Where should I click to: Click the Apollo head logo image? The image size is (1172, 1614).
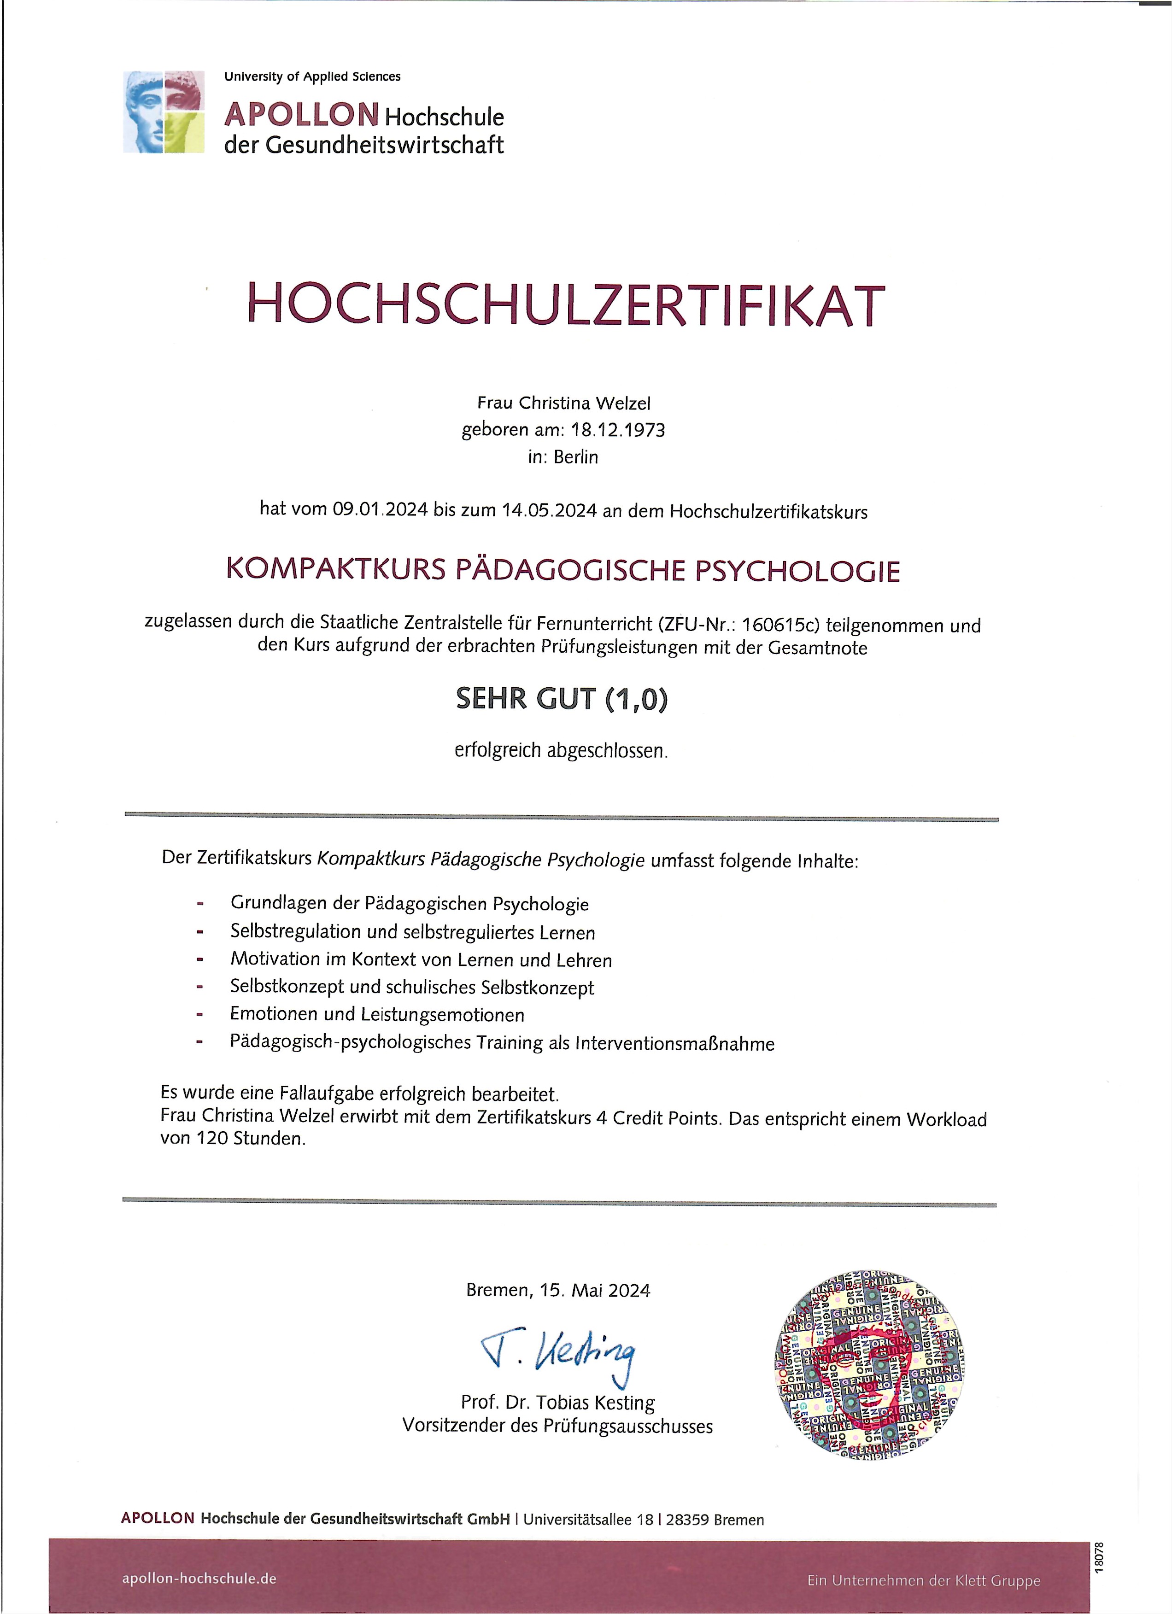click(x=164, y=112)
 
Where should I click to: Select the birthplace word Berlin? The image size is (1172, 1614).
click(x=576, y=457)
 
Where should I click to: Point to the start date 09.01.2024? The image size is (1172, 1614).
click(x=380, y=509)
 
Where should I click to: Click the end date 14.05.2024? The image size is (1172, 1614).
click(x=549, y=511)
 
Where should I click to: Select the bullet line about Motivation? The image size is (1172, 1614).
click(x=421, y=959)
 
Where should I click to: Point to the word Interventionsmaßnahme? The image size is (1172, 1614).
click(x=674, y=1043)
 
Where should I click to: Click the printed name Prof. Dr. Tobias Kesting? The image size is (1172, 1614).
click(x=558, y=1403)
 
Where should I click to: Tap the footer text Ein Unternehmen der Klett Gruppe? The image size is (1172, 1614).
click(x=923, y=1580)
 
